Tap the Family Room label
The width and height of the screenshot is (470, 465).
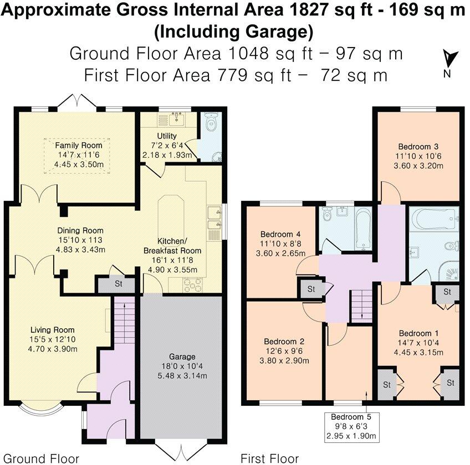79,146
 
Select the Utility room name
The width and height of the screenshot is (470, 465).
167,136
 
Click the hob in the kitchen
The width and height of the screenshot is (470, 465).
192,285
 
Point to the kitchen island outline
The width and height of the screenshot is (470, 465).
171,216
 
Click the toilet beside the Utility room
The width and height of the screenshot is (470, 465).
212,121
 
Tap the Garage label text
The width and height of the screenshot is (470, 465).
182,356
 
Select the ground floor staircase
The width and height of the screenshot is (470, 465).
124,320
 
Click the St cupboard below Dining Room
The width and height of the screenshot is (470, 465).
118,283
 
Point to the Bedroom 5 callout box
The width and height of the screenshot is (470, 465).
351,427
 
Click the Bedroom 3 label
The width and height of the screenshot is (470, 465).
418,147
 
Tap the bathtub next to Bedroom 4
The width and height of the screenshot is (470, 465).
363,229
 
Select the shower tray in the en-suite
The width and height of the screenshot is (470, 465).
449,271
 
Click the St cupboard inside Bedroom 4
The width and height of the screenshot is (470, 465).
311,289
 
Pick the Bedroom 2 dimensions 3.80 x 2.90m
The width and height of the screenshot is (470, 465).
284,361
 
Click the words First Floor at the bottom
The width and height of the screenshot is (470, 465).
269,458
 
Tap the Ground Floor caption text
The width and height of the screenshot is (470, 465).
42,458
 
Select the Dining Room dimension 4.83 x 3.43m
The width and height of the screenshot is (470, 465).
80,250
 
